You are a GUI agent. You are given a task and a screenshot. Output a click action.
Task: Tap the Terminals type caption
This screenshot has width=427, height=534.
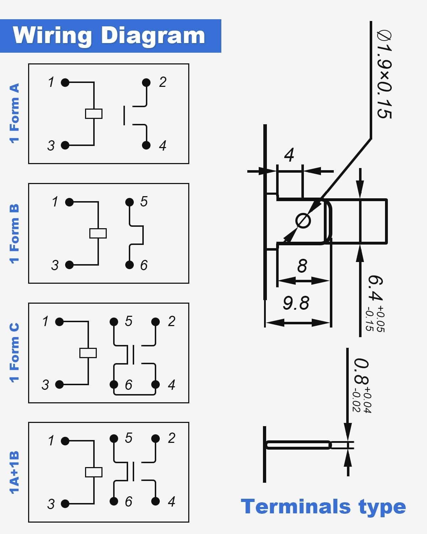click(x=323, y=507)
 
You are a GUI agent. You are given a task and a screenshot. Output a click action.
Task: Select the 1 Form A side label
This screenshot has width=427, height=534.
click(x=14, y=113)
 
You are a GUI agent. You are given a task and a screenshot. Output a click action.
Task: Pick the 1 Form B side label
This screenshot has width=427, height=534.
click(x=14, y=234)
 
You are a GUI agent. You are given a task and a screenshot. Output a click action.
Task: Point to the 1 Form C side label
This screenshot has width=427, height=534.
click(x=14, y=352)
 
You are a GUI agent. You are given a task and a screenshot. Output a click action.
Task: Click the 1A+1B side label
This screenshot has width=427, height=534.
click(x=14, y=472)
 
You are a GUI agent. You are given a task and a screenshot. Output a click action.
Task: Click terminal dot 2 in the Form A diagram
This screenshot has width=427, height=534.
click(x=146, y=83)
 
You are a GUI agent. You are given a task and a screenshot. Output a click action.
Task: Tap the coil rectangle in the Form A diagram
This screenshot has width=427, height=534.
click(x=94, y=114)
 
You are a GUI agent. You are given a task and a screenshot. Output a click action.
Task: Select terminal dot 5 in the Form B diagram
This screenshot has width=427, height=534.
click(x=130, y=202)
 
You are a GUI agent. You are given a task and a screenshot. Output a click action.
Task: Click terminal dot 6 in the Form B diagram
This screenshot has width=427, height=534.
click(x=130, y=265)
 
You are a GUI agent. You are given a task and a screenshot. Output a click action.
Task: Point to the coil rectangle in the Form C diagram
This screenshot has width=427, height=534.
click(x=88, y=353)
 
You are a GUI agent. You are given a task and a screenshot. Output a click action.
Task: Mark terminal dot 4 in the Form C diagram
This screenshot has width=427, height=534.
click(x=155, y=384)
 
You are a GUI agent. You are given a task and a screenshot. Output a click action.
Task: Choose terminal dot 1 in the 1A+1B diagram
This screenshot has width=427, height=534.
click(x=65, y=441)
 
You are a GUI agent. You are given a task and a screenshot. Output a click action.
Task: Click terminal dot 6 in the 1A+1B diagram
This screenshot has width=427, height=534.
click(x=114, y=501)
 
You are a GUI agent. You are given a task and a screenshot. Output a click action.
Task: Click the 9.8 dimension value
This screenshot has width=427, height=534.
click(x=296, y=303)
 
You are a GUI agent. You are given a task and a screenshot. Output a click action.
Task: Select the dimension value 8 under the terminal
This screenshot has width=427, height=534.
click(x=302, y=266)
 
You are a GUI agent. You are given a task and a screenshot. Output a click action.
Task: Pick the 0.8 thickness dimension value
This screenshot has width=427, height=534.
click(x=361, y=372)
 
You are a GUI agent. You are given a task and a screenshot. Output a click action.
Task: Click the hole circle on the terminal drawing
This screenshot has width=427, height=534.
click(x=303, y=221)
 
